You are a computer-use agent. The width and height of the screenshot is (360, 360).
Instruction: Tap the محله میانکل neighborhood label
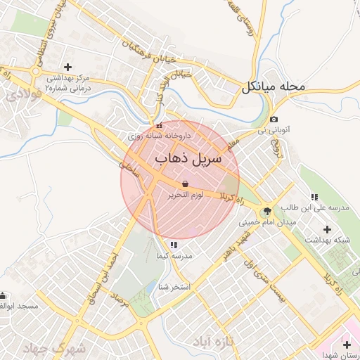(x=275, y=88)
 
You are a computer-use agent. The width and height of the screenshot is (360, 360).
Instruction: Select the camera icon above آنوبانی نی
(x=274, y=120)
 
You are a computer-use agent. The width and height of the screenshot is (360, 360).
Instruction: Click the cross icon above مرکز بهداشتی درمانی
(x=67, y=66)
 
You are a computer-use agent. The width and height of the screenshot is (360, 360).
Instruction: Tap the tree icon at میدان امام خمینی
(x=267, y=211)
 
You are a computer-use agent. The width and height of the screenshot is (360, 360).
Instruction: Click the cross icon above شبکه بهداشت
(x=327, y=229)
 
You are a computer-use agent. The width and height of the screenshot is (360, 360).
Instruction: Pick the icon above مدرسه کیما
(x=174, y=245)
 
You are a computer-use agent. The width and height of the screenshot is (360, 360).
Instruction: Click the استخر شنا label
(x=174, y=287)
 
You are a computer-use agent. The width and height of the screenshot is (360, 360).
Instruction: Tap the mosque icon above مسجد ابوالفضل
(x=4, y=295)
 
